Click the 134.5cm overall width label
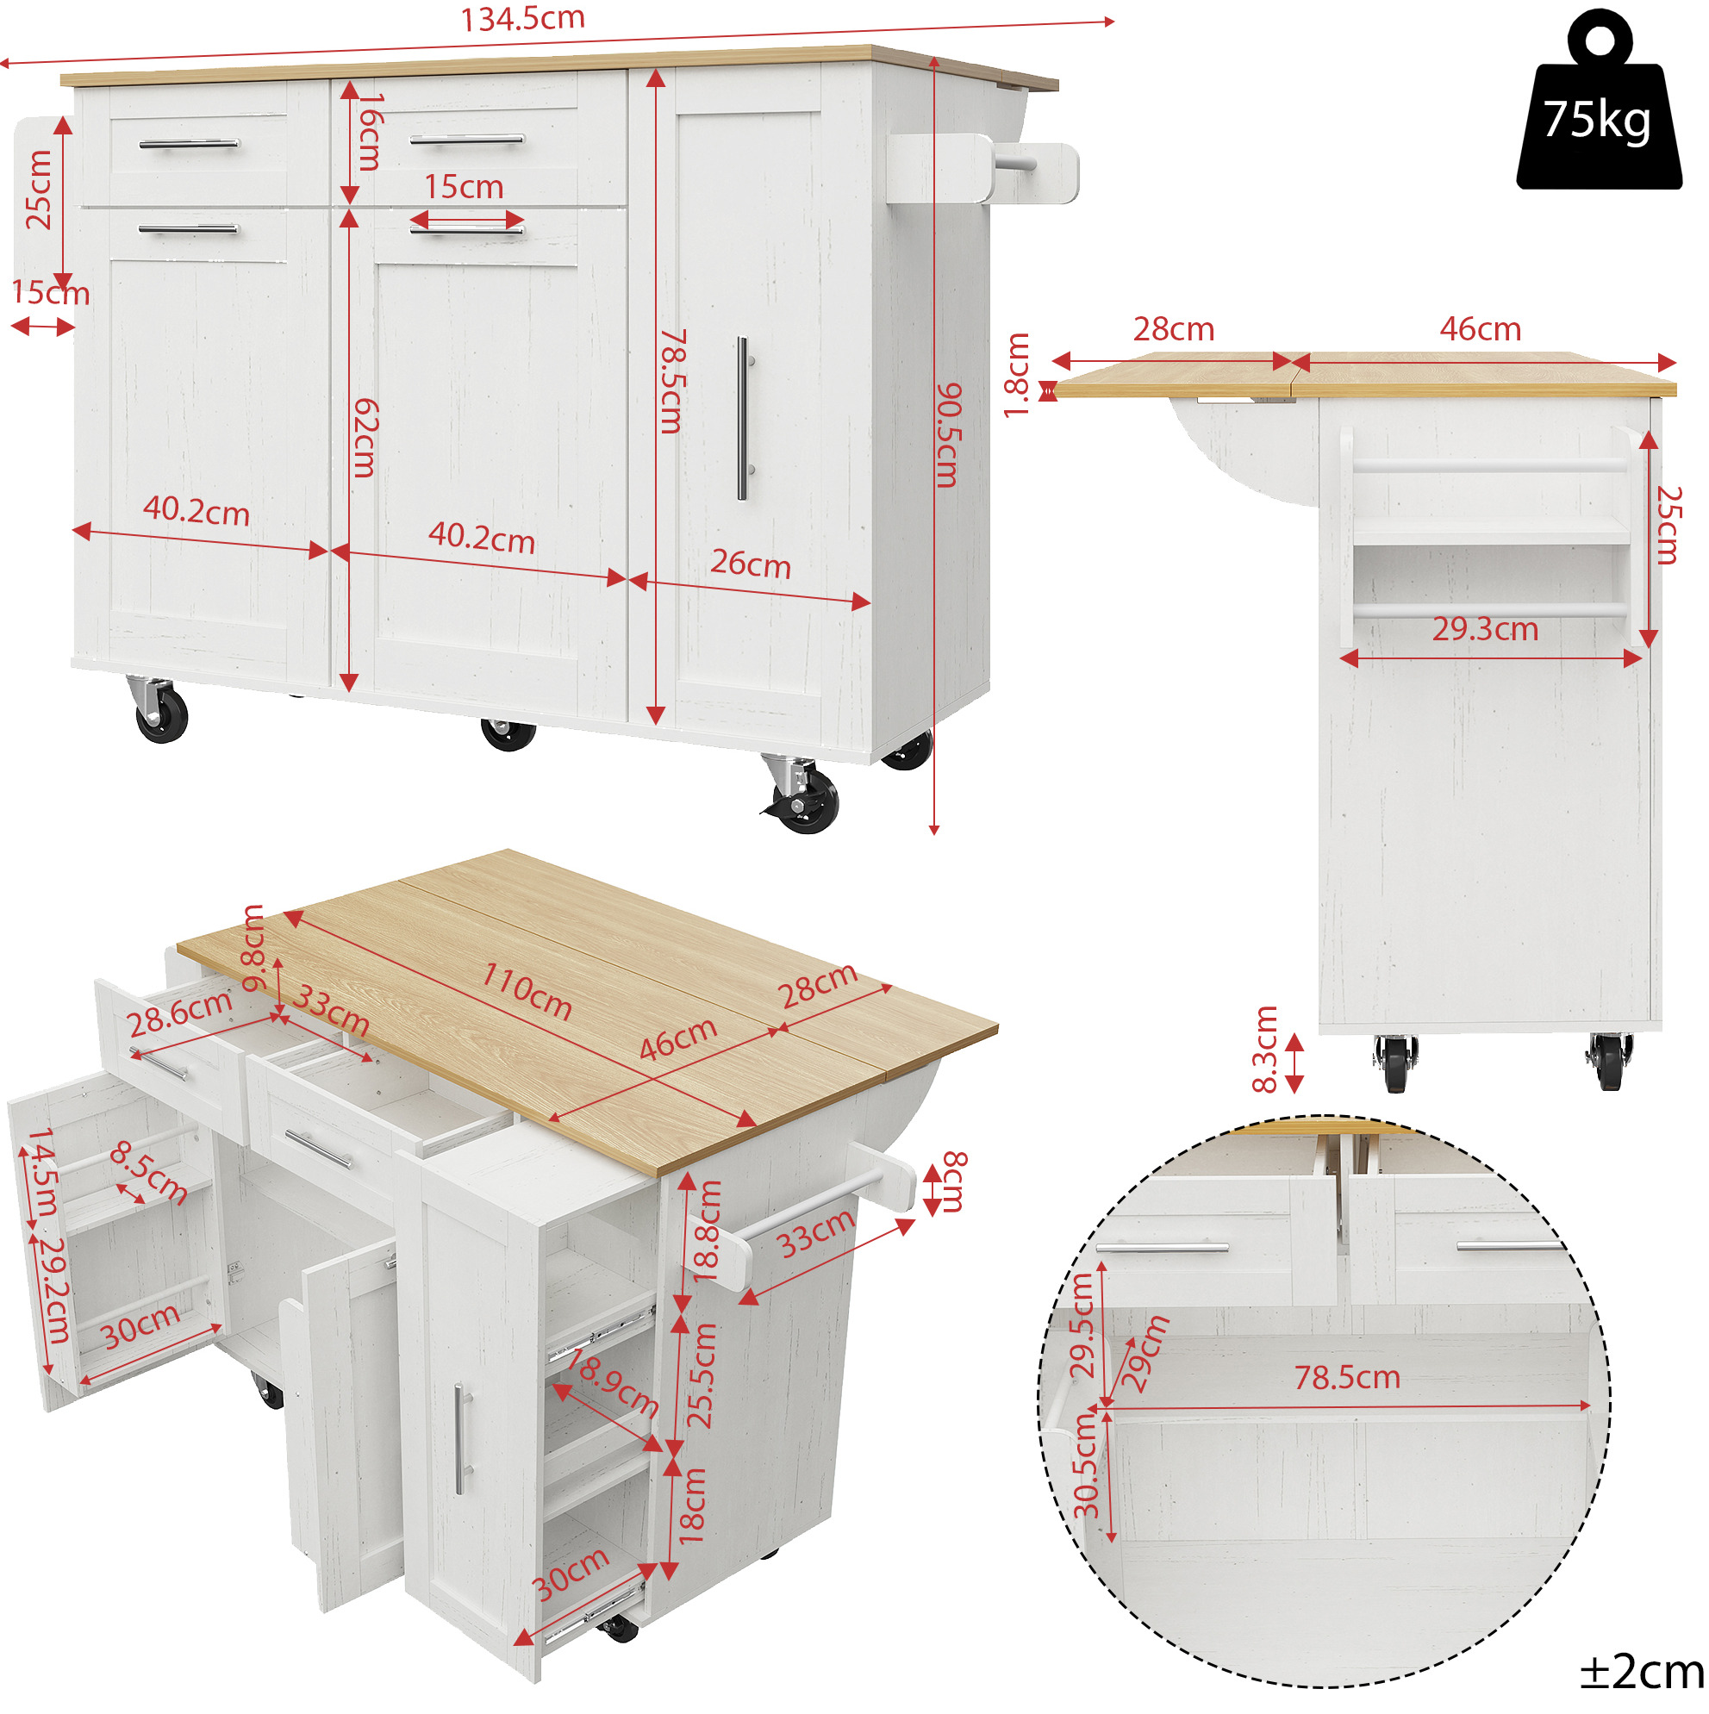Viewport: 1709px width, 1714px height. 522,19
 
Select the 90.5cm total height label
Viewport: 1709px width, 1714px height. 950,434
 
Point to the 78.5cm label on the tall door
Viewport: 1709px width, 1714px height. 671,382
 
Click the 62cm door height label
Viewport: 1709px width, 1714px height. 365,439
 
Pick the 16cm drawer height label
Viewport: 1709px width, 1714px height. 369,132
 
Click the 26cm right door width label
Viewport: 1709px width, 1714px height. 751,564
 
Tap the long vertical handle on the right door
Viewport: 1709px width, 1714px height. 744,418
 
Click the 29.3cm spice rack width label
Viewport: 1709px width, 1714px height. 1486,629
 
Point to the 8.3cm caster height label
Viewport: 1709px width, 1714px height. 1264,1049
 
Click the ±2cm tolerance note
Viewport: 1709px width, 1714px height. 1641,1673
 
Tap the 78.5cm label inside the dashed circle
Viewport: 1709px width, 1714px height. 1347,1378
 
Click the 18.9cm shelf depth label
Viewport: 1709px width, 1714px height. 612,1384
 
